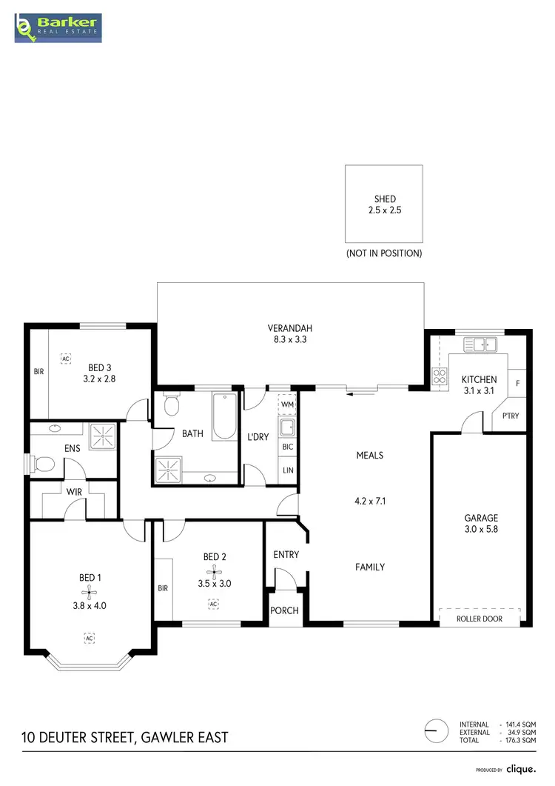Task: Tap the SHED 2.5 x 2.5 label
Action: pyautogui.click(x=385, y=204)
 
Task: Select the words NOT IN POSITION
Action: pyautogui.click(x=384, y=253)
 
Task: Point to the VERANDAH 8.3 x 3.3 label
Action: pyautogui.click(x=289, y=334)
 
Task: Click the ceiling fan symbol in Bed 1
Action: pyautogui.click(x=89, y=591)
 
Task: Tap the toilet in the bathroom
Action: pyautogui.click(x=172, y=405)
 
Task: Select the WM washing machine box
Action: pyautogui.click(x=287, y=404)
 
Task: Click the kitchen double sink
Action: pyautogui.click(x=480, y=344)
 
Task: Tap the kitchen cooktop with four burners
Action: pyautogui.click(x=439, y=376)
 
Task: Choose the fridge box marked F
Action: pyautogui.click(x=517, y=383)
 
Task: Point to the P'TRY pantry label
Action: pyautogui.click(x=511, y=416)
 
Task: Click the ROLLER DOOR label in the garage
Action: pyautogui.click(x=480, y=619)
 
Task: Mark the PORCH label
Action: pyautogui.click(x=286, y=610)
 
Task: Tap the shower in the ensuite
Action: pyautogui.click(x=103, y=437)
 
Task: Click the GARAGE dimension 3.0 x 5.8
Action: pyautogui.click(x=481, y=530)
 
